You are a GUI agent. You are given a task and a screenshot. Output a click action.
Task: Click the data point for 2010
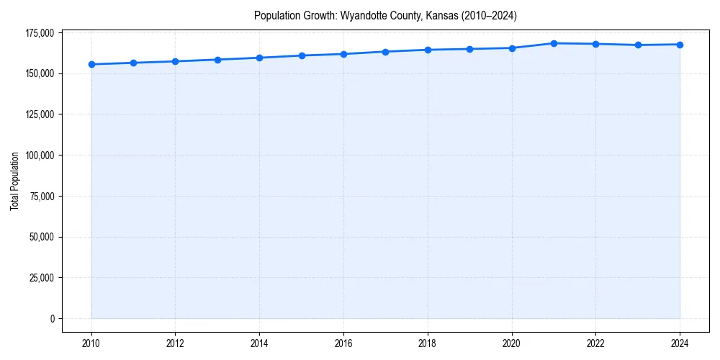pyautogui.click(x=91, y=64)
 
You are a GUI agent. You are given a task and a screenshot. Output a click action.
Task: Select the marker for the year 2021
pyautogui.click(x=554, y=43)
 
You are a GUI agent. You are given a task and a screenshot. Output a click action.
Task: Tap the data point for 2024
pyautogui.click(x=680, y=45)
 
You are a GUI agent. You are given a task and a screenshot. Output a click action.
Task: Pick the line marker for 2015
pyautogui.click(x=302, y=55)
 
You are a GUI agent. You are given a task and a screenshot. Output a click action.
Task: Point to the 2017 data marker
pyautogui.click(x=386, y=52)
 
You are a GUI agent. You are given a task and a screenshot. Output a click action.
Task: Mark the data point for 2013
pyautogui.click(x=217, y=60)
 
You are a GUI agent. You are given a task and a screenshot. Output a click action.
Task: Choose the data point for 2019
pyautogui.click(x=469, y=49)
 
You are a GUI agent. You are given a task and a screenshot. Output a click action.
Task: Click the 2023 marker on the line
pyautogui.click(x=638, y=45)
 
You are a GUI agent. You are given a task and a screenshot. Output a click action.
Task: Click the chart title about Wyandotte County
pyautogui.click(x=385, y=15)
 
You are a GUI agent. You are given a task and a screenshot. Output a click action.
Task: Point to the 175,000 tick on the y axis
pyautogui.click(x=40, y=33)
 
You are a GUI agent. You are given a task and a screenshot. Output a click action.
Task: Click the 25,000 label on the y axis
pyautogui.click(x=42, y=278)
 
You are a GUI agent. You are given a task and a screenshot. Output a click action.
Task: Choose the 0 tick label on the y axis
pyautogui.click(x=53, y=318)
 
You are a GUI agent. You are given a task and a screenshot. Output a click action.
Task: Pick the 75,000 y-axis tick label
pyautogui.click(x=42, y=196)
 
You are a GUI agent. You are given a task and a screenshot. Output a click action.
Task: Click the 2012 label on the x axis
pyautogui.click(x=175, y=343)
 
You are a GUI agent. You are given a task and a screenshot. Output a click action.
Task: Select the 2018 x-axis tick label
pyautogui.click(x=428, y=343)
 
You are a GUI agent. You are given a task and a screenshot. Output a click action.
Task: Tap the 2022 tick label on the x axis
pyautogui.click(x=595, y=343)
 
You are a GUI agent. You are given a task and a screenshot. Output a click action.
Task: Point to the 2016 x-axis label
pyautogui.click(x=343, y=343)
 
